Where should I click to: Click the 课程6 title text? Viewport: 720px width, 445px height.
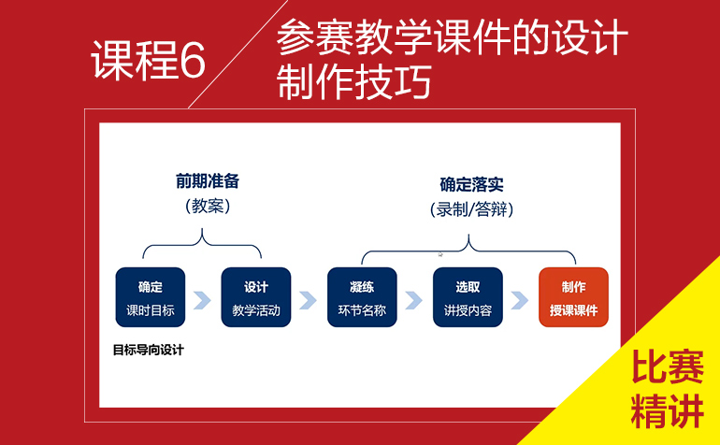(149, 60)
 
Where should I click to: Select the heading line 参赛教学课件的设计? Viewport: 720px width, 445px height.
(452, 37)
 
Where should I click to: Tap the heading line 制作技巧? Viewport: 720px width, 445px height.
(354, 81)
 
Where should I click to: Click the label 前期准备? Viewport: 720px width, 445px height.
(208, 181)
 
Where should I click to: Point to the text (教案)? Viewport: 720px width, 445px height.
(208, 206)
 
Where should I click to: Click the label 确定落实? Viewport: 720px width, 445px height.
(471, 184)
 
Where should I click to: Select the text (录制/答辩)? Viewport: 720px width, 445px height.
(471, 209)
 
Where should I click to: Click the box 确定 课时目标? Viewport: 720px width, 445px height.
(151, 297)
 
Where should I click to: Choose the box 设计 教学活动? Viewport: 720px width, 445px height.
(256, 297)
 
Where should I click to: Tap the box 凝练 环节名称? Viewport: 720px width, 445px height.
(362, 297)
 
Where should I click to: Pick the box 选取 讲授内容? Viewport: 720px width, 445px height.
(468, 297)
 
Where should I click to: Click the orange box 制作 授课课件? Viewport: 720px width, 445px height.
(573, 297)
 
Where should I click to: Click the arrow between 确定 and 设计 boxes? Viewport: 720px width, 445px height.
(203, 300)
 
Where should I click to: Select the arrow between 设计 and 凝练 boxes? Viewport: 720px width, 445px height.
(309, 300)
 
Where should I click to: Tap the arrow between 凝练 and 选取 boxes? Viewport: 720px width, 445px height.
(413, 300)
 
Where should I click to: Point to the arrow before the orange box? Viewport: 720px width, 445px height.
(520, 300)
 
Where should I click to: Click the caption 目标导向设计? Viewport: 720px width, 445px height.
(149, 350)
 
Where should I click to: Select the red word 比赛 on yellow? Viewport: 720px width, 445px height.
(668, 367)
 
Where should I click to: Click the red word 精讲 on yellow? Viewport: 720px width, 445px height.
(668, 411)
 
